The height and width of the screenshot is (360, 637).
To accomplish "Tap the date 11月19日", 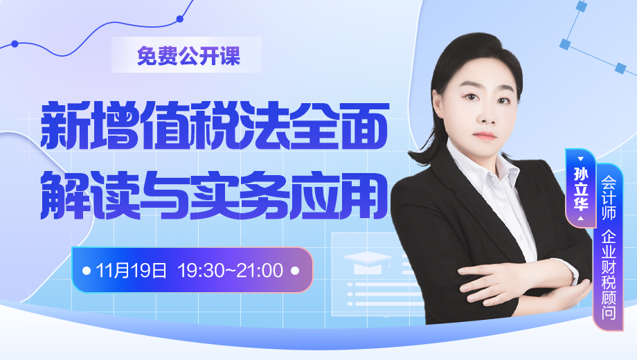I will pos(132,270).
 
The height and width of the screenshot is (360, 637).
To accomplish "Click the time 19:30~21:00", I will pos(231,270).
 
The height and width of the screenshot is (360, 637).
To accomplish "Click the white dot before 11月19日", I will pos(87,270).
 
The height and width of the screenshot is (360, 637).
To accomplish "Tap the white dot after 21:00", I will pos(296,270).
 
